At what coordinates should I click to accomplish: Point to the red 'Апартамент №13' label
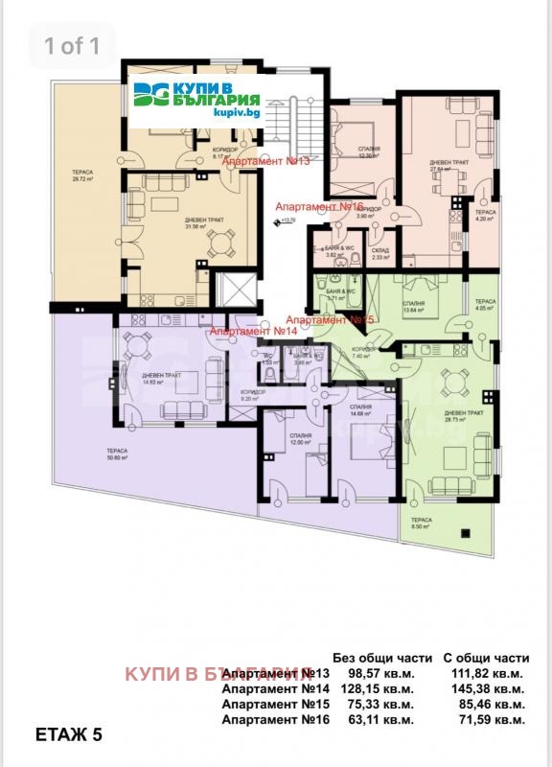click(x=265, y=162)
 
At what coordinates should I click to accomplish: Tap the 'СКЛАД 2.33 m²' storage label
click(x=380, y=252)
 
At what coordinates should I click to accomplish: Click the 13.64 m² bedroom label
click(x=414, y=306)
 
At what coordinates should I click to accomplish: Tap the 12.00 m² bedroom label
click(x=301, y=438)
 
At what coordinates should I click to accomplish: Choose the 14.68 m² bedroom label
click(x=360, y=409)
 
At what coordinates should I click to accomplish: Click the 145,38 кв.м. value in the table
click(x=485, y=687)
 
